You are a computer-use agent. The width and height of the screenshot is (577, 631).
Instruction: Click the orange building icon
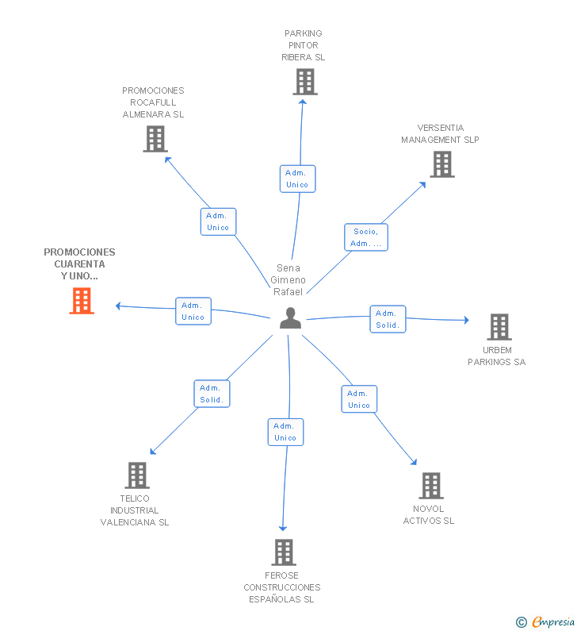tap(82, 301)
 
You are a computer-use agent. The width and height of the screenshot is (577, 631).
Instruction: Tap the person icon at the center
tap(290, 318)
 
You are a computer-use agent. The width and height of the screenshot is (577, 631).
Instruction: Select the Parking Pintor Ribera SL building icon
tap(305, 82)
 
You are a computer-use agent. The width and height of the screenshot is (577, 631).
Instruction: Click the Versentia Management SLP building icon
tap(442, 164)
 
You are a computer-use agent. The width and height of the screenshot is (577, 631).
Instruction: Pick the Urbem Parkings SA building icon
tap(499, 327)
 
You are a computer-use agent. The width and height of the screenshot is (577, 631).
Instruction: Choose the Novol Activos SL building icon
tap(431, 485)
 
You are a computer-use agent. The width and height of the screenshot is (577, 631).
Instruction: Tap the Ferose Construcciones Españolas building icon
tap(284, 552)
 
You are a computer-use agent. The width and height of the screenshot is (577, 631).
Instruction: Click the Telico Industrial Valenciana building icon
tap(137, 475)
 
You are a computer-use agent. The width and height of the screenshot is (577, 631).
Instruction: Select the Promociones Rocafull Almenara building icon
tap(155, 139)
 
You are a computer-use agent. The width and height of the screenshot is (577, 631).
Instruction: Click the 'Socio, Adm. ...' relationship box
tap(366, 237)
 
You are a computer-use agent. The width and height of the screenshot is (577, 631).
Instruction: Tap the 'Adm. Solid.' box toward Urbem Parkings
tap(388, 319)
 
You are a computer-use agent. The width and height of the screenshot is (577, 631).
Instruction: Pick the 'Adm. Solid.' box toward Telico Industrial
tap(212, 394)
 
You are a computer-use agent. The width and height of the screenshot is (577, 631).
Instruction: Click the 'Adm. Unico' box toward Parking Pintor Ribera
tap(297, 179)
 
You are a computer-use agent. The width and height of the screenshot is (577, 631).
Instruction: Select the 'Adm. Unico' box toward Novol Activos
tap(359, 399)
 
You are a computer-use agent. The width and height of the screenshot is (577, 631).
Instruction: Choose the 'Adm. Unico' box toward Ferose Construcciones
tap(285, 432)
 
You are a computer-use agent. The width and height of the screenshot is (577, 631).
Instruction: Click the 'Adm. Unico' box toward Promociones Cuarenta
tap(193, 311)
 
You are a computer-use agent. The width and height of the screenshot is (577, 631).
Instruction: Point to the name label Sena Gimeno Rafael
tap(288, 279)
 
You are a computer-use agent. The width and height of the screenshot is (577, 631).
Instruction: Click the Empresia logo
tap(545, 621)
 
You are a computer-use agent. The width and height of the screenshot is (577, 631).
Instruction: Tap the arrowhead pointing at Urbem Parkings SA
tap(467, 320)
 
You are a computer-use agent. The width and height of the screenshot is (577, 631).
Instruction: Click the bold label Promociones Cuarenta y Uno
tap(79, 264)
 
